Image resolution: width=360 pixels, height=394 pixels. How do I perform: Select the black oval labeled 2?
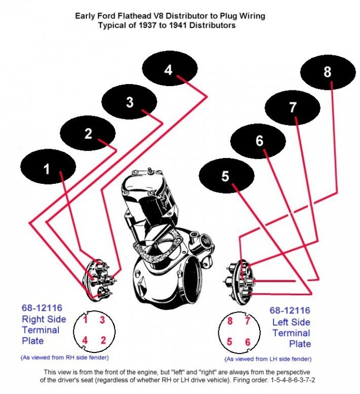click(88, 133)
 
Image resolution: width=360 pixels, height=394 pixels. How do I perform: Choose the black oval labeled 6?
click(258, 141)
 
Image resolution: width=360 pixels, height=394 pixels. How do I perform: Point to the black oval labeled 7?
click(292, 107)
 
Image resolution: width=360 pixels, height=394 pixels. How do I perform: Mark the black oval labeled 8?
click(327, 72)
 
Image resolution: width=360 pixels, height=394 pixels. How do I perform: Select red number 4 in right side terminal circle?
click(85, 340)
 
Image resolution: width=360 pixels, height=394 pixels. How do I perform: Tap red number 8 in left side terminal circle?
click(229, 322)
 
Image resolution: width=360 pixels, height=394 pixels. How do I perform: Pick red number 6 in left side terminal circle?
click(247, 342)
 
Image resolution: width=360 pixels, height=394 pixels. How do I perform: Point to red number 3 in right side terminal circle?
click(102, 320)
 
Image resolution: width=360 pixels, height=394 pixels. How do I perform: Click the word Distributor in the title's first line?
click(173, 16)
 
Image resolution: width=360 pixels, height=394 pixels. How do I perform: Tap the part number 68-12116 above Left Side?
click(290, 310)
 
